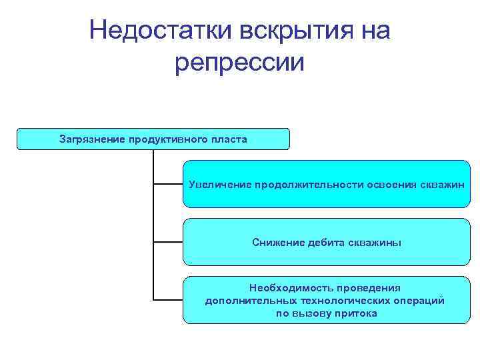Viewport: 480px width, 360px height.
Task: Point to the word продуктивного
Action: point(165,139)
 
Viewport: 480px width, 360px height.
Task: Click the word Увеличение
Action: point(219,184)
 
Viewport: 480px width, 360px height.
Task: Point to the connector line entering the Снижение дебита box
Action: point(168,241)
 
